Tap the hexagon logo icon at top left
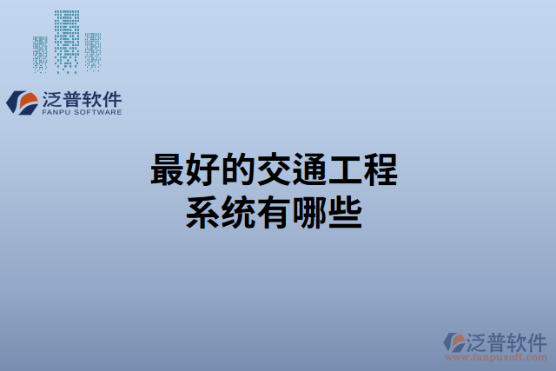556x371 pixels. (x=20, y=102)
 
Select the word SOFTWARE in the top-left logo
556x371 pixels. (x=99, y=112)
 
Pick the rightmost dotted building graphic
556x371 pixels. (x=92, y=50)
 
